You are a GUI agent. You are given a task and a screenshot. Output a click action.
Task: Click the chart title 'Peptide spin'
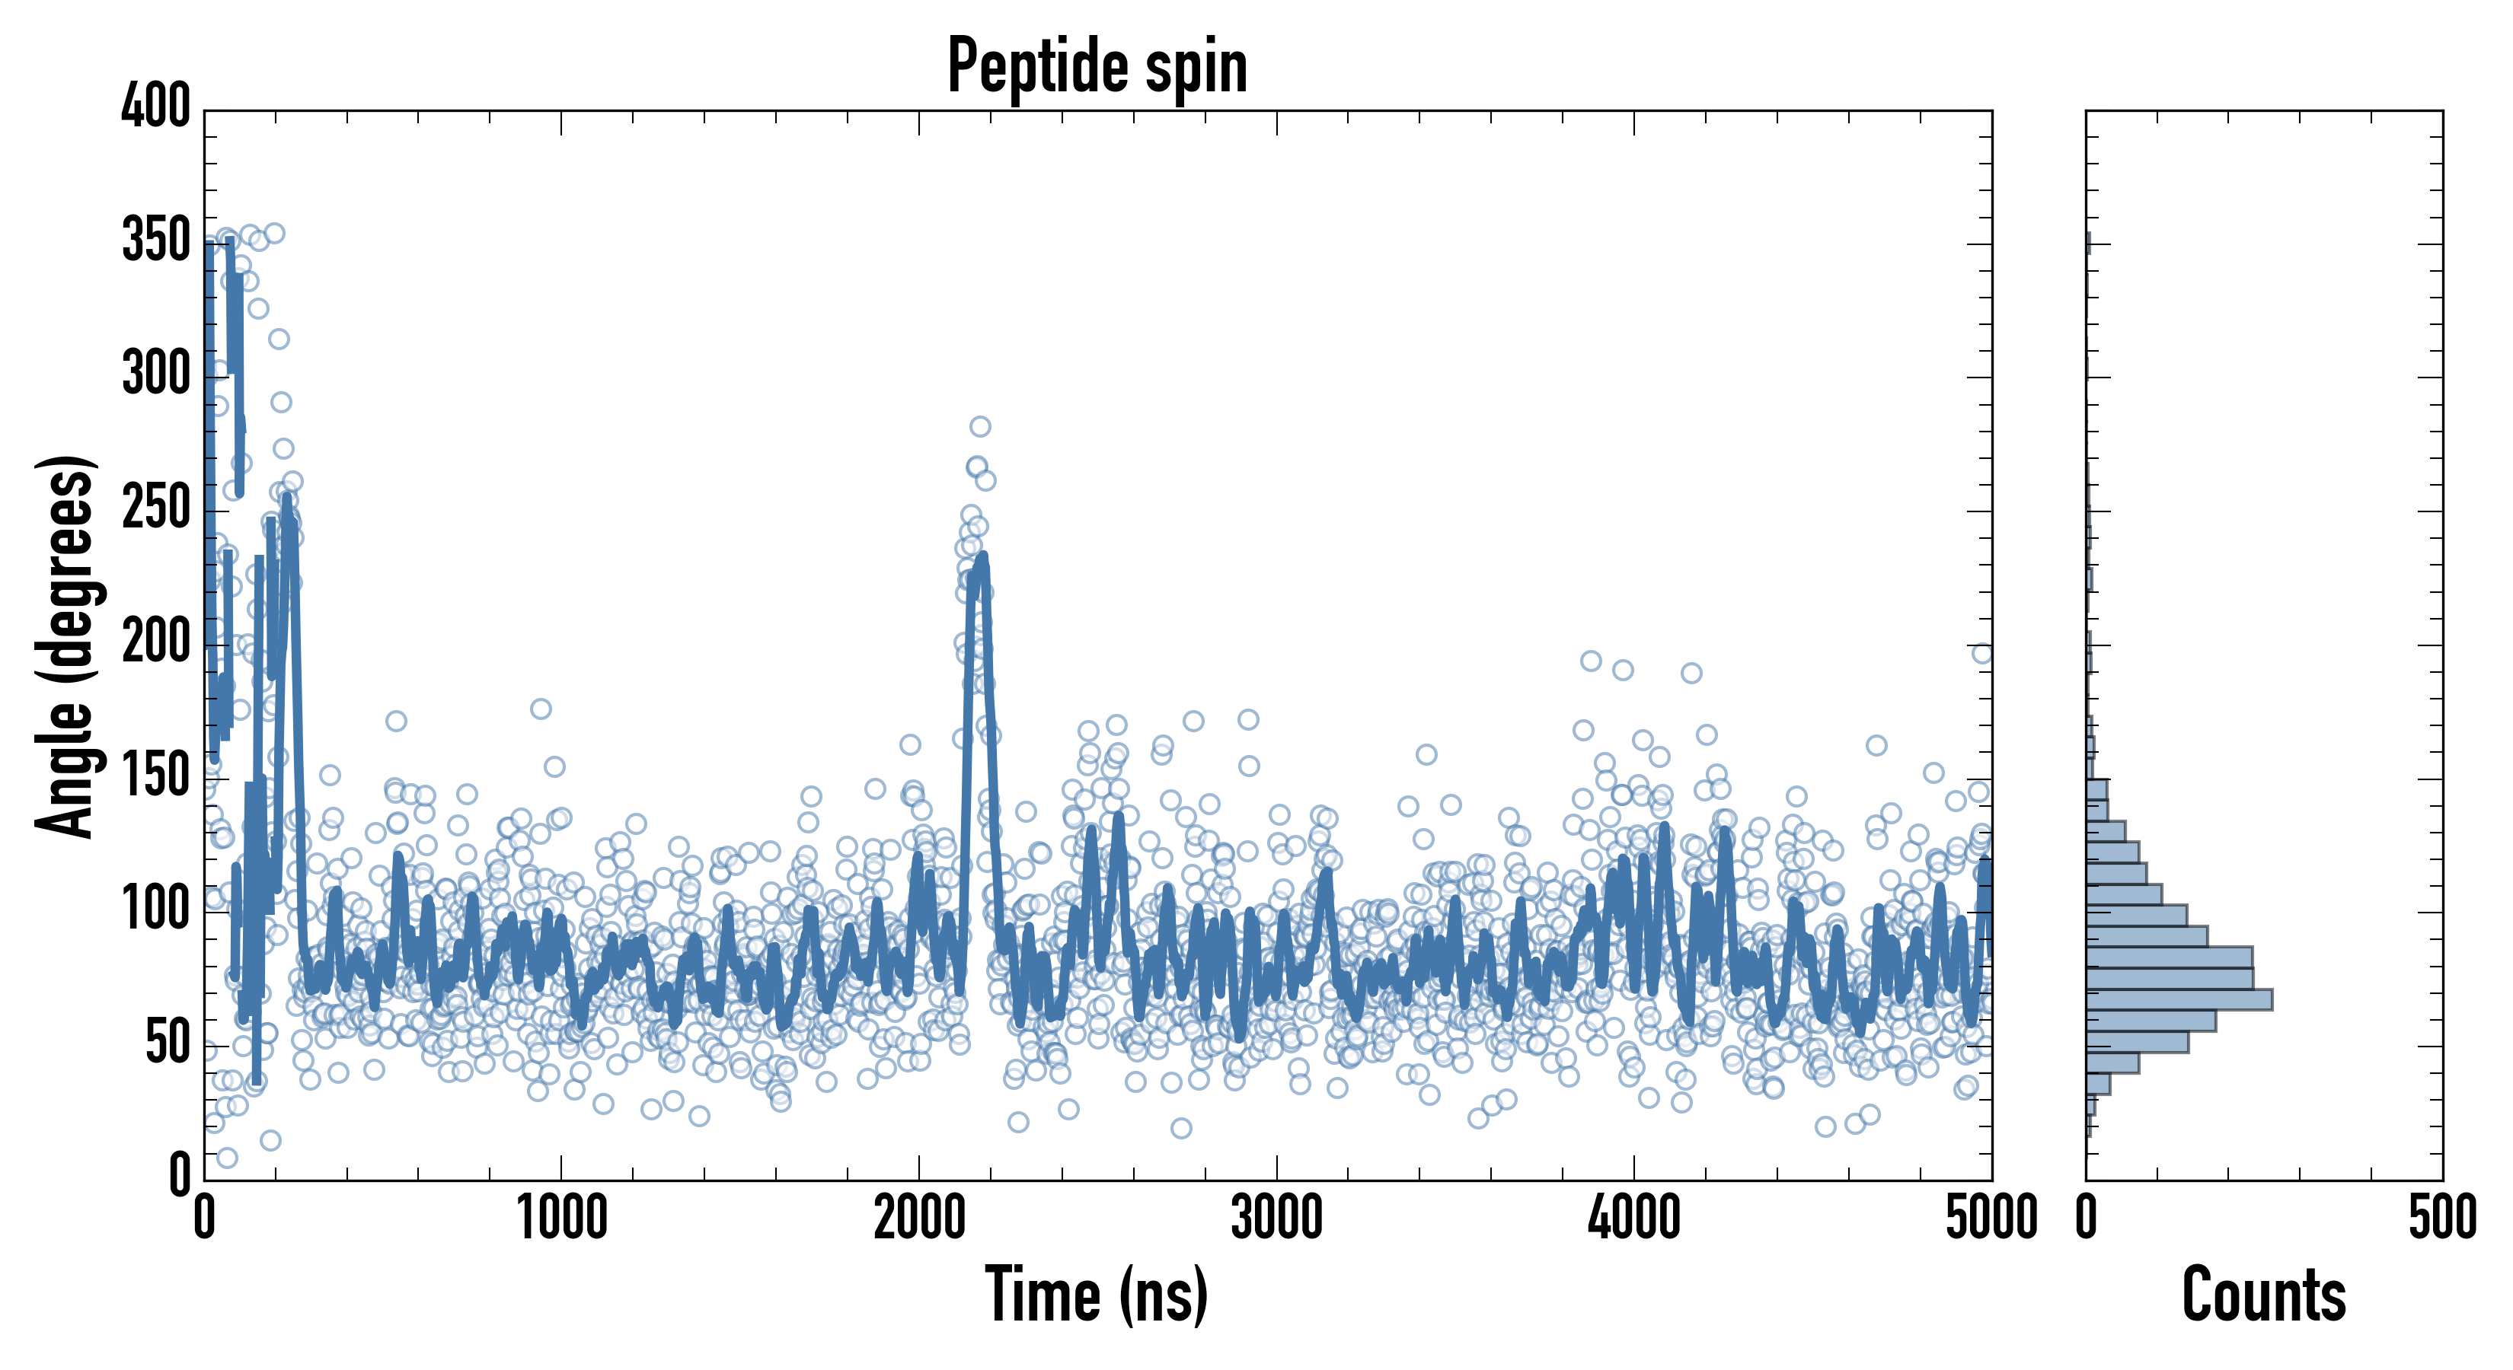(1097, 66)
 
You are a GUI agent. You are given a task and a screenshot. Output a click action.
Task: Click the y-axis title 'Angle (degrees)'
(65, 645)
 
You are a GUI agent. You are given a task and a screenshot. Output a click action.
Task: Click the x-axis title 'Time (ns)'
(1097, 1294)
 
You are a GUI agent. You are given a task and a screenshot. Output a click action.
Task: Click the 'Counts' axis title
(2263, 1294)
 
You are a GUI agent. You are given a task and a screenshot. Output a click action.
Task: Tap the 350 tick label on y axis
(156, 240)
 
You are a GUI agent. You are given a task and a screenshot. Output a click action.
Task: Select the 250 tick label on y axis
(156, 508)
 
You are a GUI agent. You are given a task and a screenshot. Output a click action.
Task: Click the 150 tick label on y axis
(156, 776)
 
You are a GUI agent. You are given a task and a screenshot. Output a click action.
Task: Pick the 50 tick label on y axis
(168, 1043)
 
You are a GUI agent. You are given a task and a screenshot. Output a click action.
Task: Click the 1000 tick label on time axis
(562, 1219)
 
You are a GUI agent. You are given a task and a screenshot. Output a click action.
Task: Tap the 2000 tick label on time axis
(919, 1219)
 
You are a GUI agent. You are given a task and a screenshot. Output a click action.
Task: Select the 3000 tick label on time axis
(1276, 1219)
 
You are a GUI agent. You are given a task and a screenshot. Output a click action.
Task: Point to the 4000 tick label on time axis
(1634, 1219)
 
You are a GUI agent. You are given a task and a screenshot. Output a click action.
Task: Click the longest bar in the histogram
(2179, 999)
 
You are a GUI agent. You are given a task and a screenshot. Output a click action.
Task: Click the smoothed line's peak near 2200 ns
(982, 558)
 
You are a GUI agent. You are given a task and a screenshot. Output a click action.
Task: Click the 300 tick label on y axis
(156, 374)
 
